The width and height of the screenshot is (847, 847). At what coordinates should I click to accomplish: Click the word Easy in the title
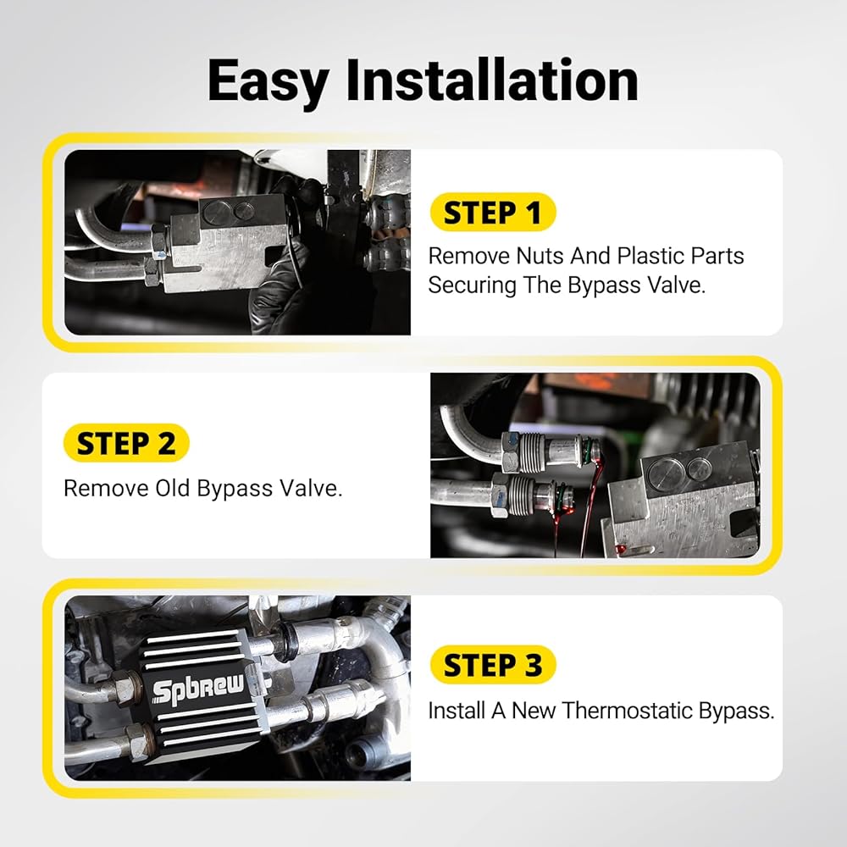click(x=268, y=82)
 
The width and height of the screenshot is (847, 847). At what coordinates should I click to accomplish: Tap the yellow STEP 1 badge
click(x=493, y=213)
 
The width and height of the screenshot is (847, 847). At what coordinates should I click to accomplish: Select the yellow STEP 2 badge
click(x=126, y=444)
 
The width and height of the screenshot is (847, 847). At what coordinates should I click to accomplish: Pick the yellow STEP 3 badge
click(x=493, y=664)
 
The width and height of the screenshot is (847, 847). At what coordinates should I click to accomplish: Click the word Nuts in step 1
click(x=540, y=256)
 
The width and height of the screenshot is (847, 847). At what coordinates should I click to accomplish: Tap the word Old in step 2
click(x=173, y=489)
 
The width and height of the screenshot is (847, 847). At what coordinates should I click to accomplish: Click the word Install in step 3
click(x=457, y=711)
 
